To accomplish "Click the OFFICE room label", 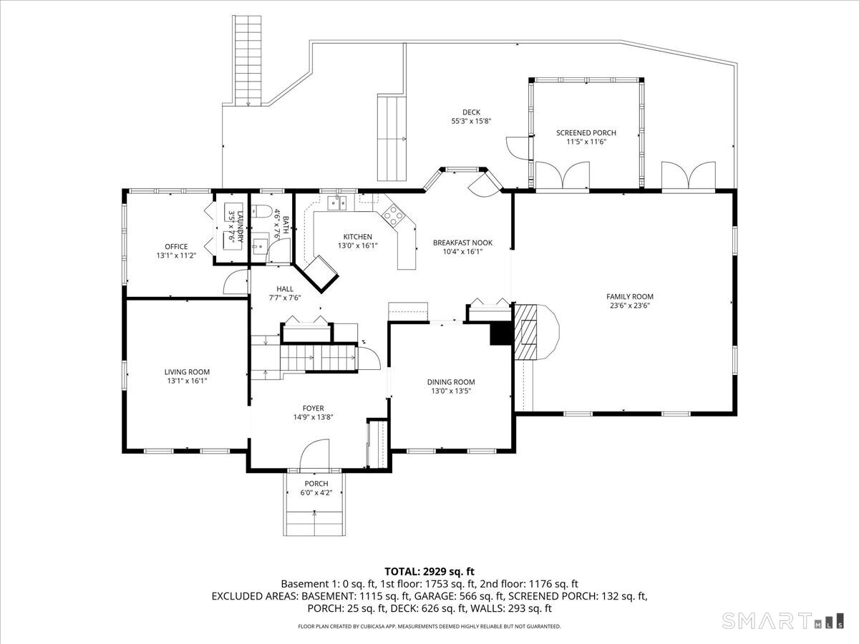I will (176, 247).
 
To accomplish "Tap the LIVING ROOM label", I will (187, 372).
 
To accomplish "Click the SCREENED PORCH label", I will (586, 132).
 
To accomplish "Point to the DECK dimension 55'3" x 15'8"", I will (471, 122).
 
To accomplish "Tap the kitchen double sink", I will (337, 203).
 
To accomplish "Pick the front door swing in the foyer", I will (313, 455).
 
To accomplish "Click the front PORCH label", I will (316, 484).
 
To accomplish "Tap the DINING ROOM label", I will (451, 382).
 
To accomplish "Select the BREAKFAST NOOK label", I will (462, 243).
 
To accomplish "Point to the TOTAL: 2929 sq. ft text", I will (429, 571).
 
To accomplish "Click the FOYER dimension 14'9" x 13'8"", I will (313, 417).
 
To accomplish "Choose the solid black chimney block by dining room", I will (500, 334).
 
